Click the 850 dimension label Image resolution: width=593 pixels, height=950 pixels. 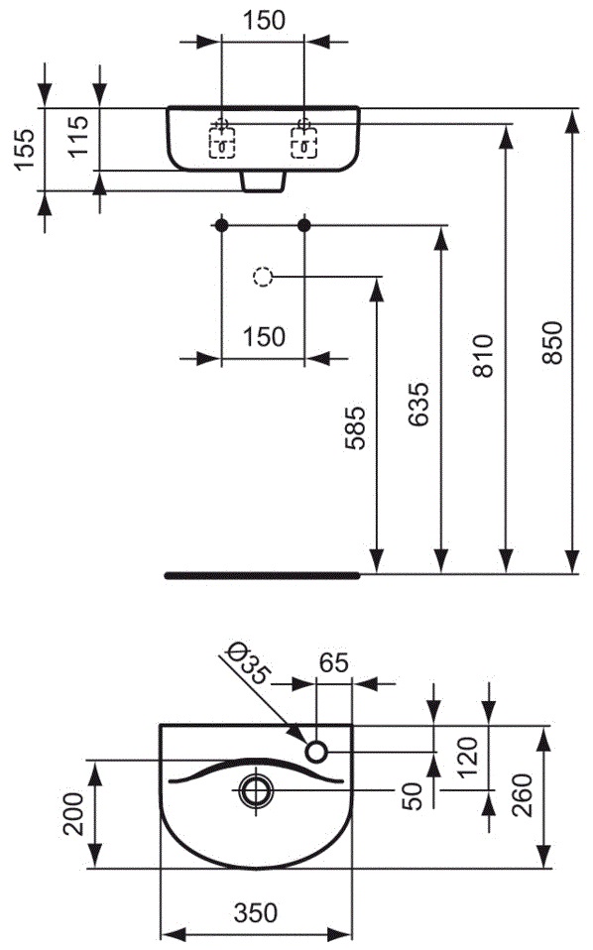(552, 342)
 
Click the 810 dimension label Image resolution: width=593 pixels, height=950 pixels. (483, 356)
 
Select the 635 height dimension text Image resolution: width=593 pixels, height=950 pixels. (417, 404)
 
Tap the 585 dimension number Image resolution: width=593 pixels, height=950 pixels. (355, 427)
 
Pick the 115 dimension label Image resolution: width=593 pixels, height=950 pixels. (78, 137)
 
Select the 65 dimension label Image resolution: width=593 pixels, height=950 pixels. (334, 662)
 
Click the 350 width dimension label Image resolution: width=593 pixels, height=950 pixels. (255, 913)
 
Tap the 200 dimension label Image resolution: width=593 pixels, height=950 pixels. (74, 814)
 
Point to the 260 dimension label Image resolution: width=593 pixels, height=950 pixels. (523, 795)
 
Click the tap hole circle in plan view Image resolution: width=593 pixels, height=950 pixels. (315, 752)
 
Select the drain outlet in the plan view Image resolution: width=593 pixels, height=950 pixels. (256, 790)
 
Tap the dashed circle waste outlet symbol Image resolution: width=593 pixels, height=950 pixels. (262, 277)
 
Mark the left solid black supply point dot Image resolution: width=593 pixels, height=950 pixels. (222, 225)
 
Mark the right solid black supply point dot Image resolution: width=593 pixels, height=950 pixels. (304, 225)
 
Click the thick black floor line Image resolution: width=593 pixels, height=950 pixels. (262, 575)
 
